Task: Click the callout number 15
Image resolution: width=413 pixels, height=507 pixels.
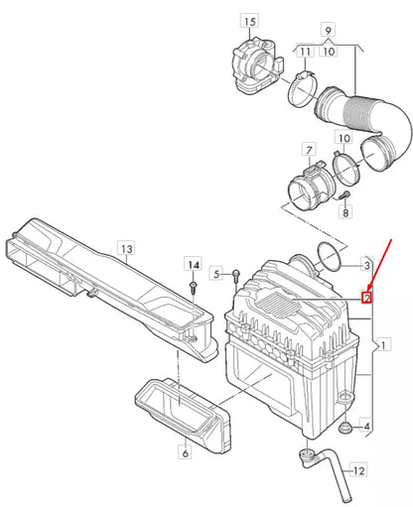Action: pyautogui.click(x=248, y=22)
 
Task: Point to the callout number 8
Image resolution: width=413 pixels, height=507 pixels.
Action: pyautogui.click(x=345, y=211)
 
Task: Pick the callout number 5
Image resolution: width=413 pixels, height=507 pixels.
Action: pyautogui.click(x=216, y=273)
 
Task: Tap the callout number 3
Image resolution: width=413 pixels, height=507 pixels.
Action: pyautogui.click(x=366, y=267)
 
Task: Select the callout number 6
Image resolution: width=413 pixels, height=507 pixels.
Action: pyautogui.click(x=184, y=452)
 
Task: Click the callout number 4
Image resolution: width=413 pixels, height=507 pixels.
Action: pyautogui.click(x=367, y=427)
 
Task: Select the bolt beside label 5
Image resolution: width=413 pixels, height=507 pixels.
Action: pyautogui.click(x=237, y=273)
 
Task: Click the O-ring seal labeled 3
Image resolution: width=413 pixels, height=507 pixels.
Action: pyautogui.click(x=328, y=260)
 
